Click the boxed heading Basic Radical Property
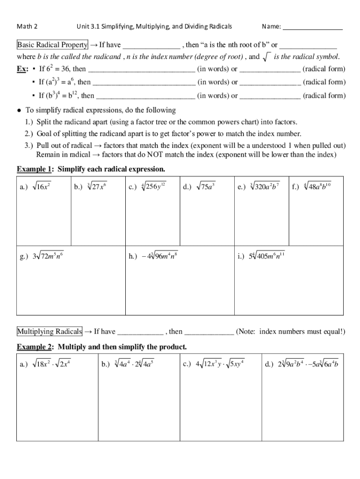52,45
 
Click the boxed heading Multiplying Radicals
50,332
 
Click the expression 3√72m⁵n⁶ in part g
48,256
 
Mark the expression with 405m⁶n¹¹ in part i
267,256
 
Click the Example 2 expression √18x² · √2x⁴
50,363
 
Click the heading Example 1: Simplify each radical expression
91,168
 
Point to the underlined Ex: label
22,69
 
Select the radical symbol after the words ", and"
267,57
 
